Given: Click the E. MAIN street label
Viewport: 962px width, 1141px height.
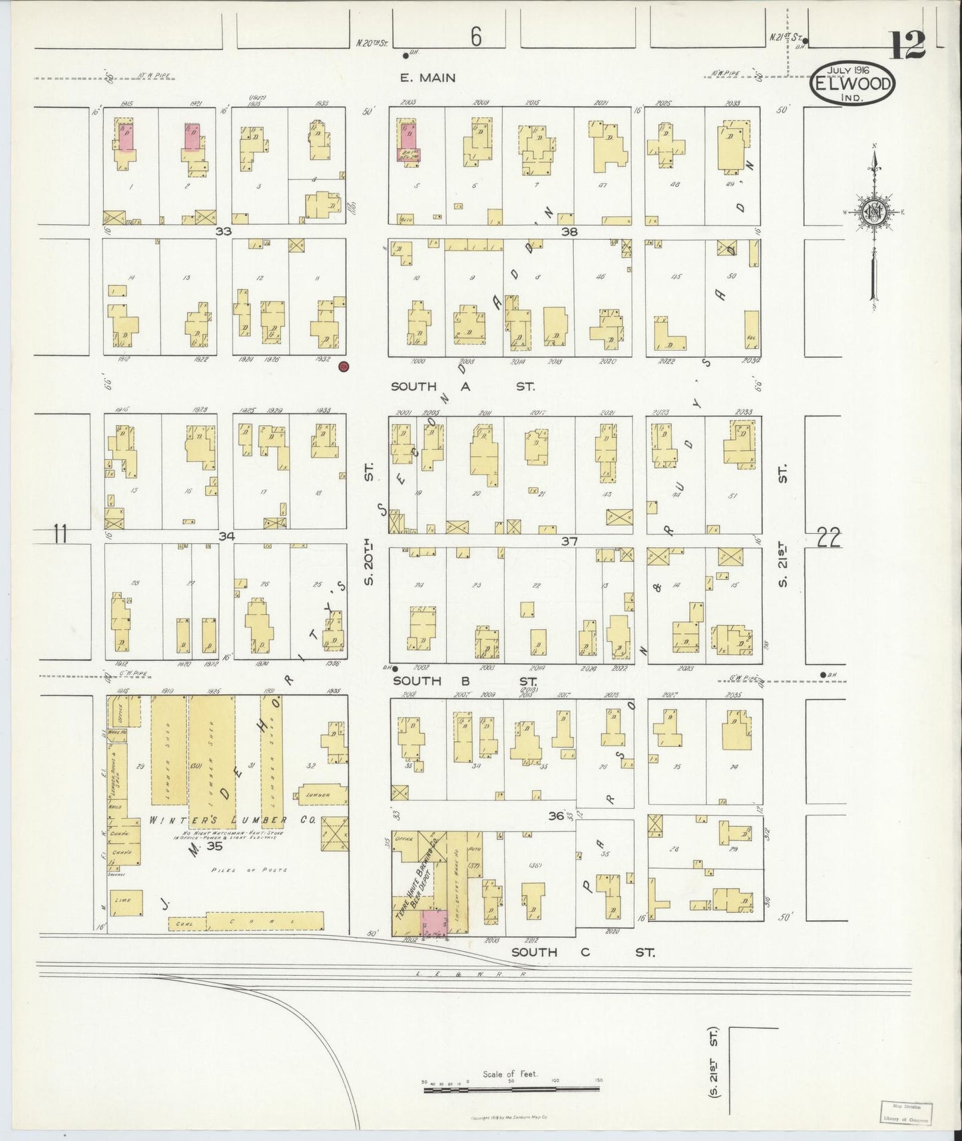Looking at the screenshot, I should coord(427,78).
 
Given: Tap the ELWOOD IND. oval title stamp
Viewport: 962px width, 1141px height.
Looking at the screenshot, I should coord(853,84).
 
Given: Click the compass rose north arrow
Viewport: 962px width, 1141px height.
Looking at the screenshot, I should coord(873,213).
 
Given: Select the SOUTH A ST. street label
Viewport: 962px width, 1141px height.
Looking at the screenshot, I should coord(463,386).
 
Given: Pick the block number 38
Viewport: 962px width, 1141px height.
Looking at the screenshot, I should coord(569,232).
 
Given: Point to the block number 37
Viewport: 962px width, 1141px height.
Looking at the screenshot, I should coord(569,541).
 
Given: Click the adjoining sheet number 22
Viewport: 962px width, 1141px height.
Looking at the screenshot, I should coord(828,537).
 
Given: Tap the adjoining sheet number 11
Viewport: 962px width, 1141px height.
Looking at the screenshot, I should coord(61,534).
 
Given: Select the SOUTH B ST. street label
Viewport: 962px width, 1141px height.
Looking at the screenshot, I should coord(465,680).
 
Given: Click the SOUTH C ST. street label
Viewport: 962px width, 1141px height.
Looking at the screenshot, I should coord(583,953).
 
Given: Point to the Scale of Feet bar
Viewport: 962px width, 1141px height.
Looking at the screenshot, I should coord(511,1089).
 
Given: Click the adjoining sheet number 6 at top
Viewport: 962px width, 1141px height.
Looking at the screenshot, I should coord(475,38).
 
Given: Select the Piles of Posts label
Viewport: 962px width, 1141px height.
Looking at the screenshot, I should coord(248,869).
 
